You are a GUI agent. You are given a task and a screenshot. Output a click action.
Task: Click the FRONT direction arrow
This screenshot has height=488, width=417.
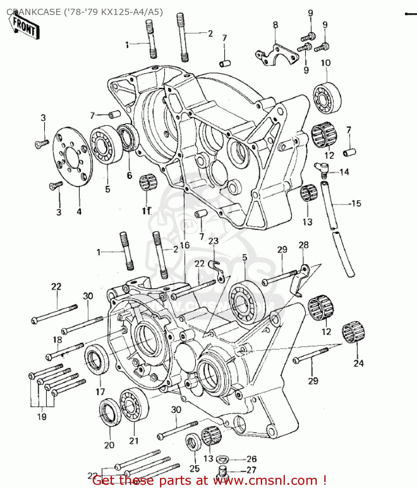pos(24,27)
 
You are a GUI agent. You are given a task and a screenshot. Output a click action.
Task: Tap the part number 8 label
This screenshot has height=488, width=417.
pos(276,25)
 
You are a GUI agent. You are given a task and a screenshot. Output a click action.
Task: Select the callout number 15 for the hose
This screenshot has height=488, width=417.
pos(356,204)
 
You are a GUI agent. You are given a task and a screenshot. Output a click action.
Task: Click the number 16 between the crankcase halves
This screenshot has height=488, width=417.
pos(185,245)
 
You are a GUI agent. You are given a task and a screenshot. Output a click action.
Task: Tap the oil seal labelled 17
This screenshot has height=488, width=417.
pos(97,359)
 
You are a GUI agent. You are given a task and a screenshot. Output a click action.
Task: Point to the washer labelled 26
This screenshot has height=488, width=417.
pos(222,459)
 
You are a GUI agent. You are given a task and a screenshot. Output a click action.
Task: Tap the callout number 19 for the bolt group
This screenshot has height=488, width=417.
pos(42,417)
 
